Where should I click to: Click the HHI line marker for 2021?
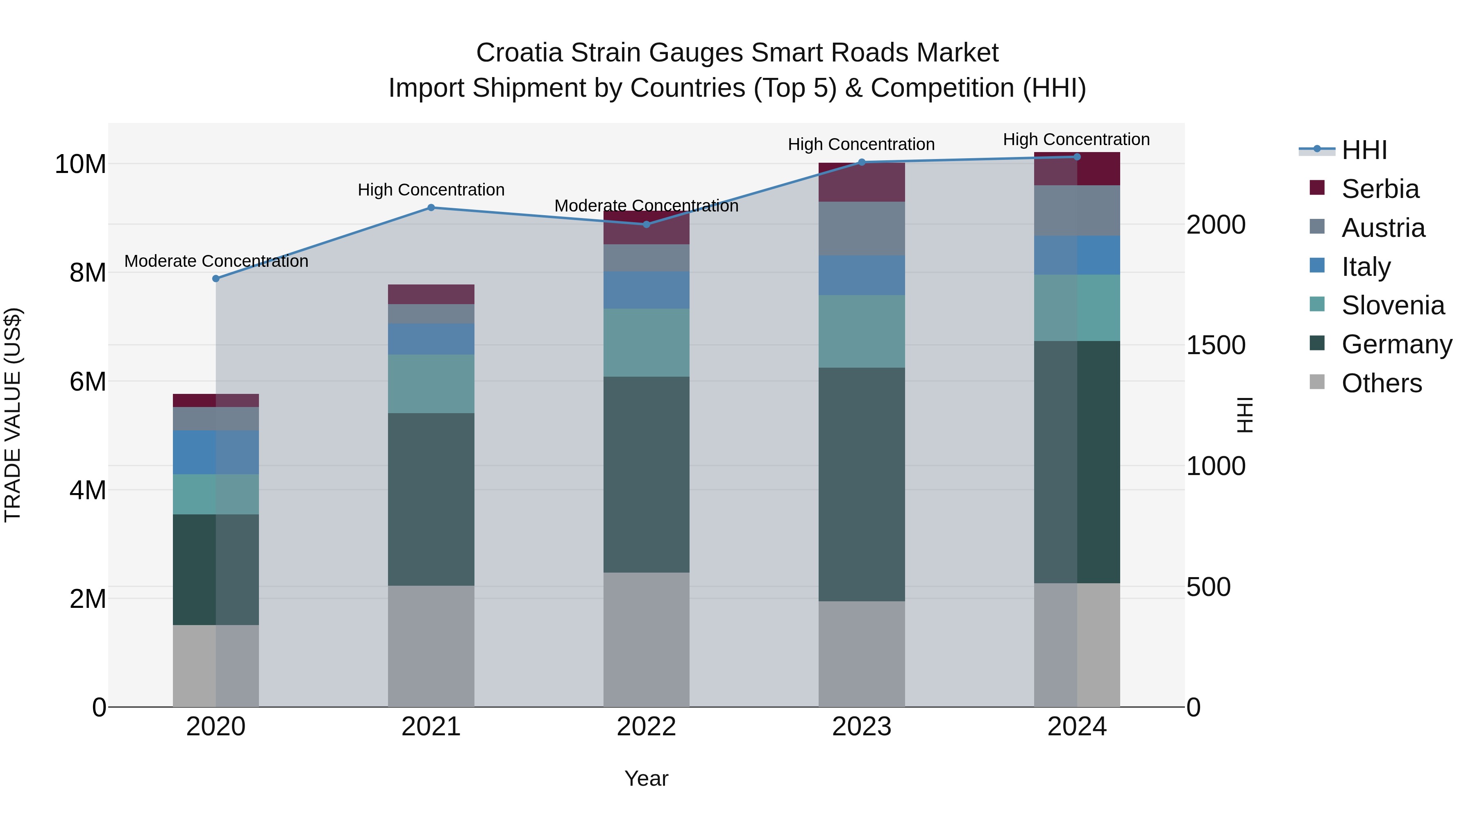point(431,207)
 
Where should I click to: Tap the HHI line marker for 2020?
point(216,278)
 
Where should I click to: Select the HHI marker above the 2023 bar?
point(862,162)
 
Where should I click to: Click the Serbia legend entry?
point(1380,189)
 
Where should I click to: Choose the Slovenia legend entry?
point(1393,305)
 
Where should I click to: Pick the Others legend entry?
point(1381,383)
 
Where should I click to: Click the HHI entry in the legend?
point(1364,150)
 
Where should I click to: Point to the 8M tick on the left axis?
point(88,273)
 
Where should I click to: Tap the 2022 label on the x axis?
point(647,727)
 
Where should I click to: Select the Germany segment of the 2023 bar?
point(862,484)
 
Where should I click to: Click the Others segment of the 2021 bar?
point(431,646)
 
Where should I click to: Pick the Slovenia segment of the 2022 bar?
point(647,343)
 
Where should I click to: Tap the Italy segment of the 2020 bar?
point(216,452)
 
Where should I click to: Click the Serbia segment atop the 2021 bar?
point(431,294)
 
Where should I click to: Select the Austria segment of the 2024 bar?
point(1077,210)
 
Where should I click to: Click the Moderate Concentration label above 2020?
point(216,261)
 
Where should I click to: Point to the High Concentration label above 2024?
point(1076,139)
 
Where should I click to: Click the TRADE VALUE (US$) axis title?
point(13,415)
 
